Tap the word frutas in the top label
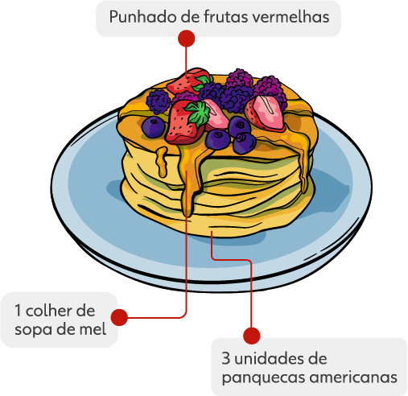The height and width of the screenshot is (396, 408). (x=226, y=17)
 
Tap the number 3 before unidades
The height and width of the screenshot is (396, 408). (x=226, y=358)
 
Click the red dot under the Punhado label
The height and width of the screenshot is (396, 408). (x=186, y=39)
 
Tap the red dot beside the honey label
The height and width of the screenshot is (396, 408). (x=119, y=317)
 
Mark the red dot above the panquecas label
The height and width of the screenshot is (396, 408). (x=252, y=336)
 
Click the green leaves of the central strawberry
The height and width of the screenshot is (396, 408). (x=199, y=113)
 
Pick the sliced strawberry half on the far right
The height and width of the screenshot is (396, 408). (x=265, y=113)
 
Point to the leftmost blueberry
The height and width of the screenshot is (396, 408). (x=153, y=127)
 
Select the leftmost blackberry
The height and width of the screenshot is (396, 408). (x=159, y=102)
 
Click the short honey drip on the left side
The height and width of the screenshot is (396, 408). (x=162, y=162)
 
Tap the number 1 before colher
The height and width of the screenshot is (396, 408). (x=18, y=311)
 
